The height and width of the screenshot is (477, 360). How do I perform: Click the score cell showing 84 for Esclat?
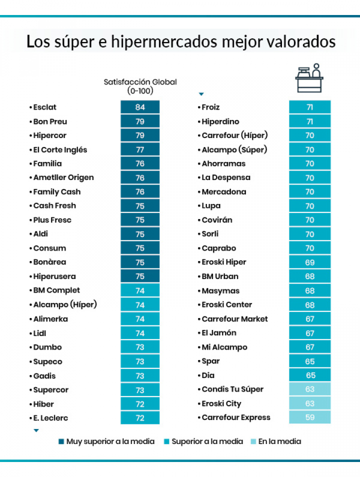(x=140, y=107)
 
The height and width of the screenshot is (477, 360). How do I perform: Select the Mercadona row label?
(x=223, y=191)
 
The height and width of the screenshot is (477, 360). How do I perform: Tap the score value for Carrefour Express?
(x=309, y=417)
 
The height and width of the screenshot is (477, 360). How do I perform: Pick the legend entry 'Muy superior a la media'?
(x=106, y=441)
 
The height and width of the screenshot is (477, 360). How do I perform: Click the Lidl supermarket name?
(x=39, y=333)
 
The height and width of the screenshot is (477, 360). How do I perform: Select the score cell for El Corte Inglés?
(x=140, y=149)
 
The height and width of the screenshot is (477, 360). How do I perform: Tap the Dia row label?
(x=208, y=375)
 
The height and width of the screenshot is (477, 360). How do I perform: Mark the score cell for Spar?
(x=309, y=361)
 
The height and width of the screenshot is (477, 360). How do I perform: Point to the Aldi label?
(x=40, y=234)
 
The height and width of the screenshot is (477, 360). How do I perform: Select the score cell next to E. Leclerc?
(x=140, y=417)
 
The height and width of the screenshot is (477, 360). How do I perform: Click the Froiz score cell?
(x=309, y=107)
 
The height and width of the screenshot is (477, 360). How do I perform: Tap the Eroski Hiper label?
(x=223, y=262)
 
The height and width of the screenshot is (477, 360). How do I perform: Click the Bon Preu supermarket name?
(x=50, y=121)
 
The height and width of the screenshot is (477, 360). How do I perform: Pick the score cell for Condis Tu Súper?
(x=309, y=389)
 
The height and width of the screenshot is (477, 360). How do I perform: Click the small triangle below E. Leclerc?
(x=36, y=430)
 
